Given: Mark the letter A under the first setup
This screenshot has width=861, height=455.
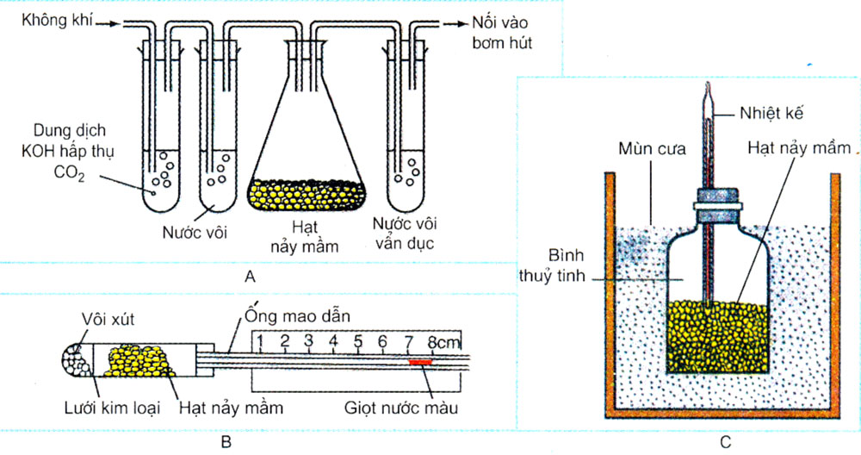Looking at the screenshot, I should point(251,277).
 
